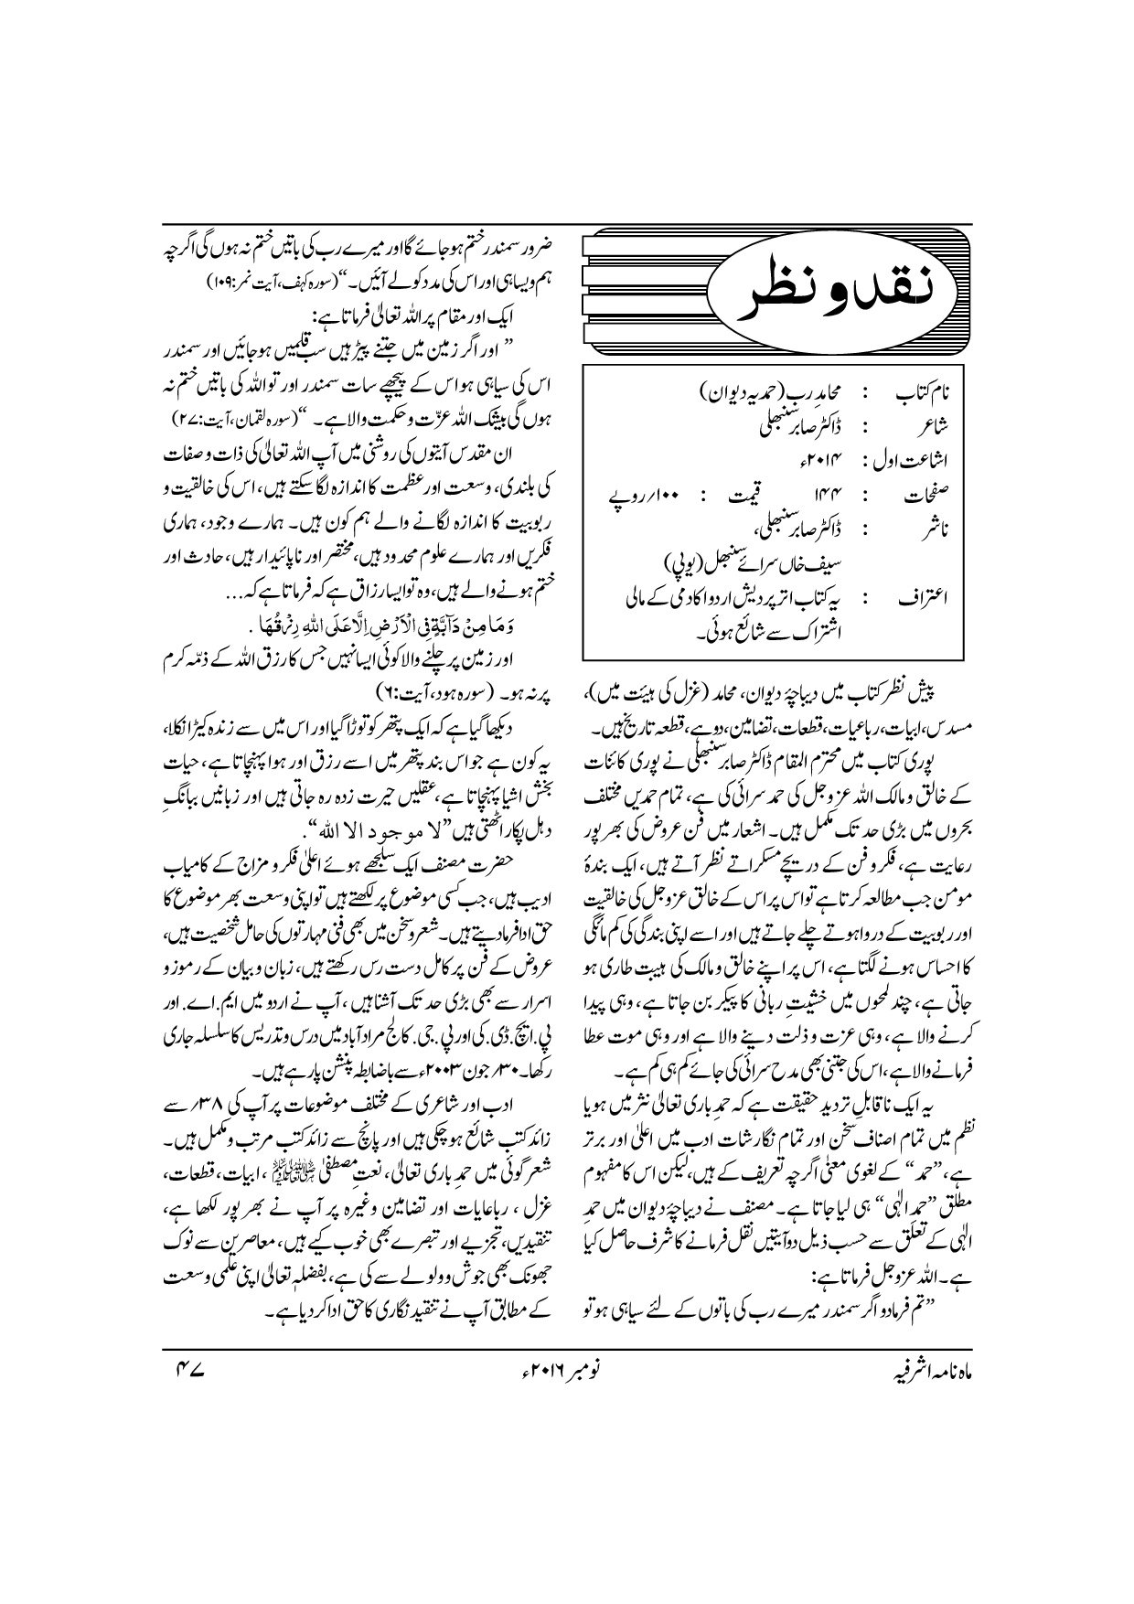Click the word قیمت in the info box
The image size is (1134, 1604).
click(734, 500)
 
